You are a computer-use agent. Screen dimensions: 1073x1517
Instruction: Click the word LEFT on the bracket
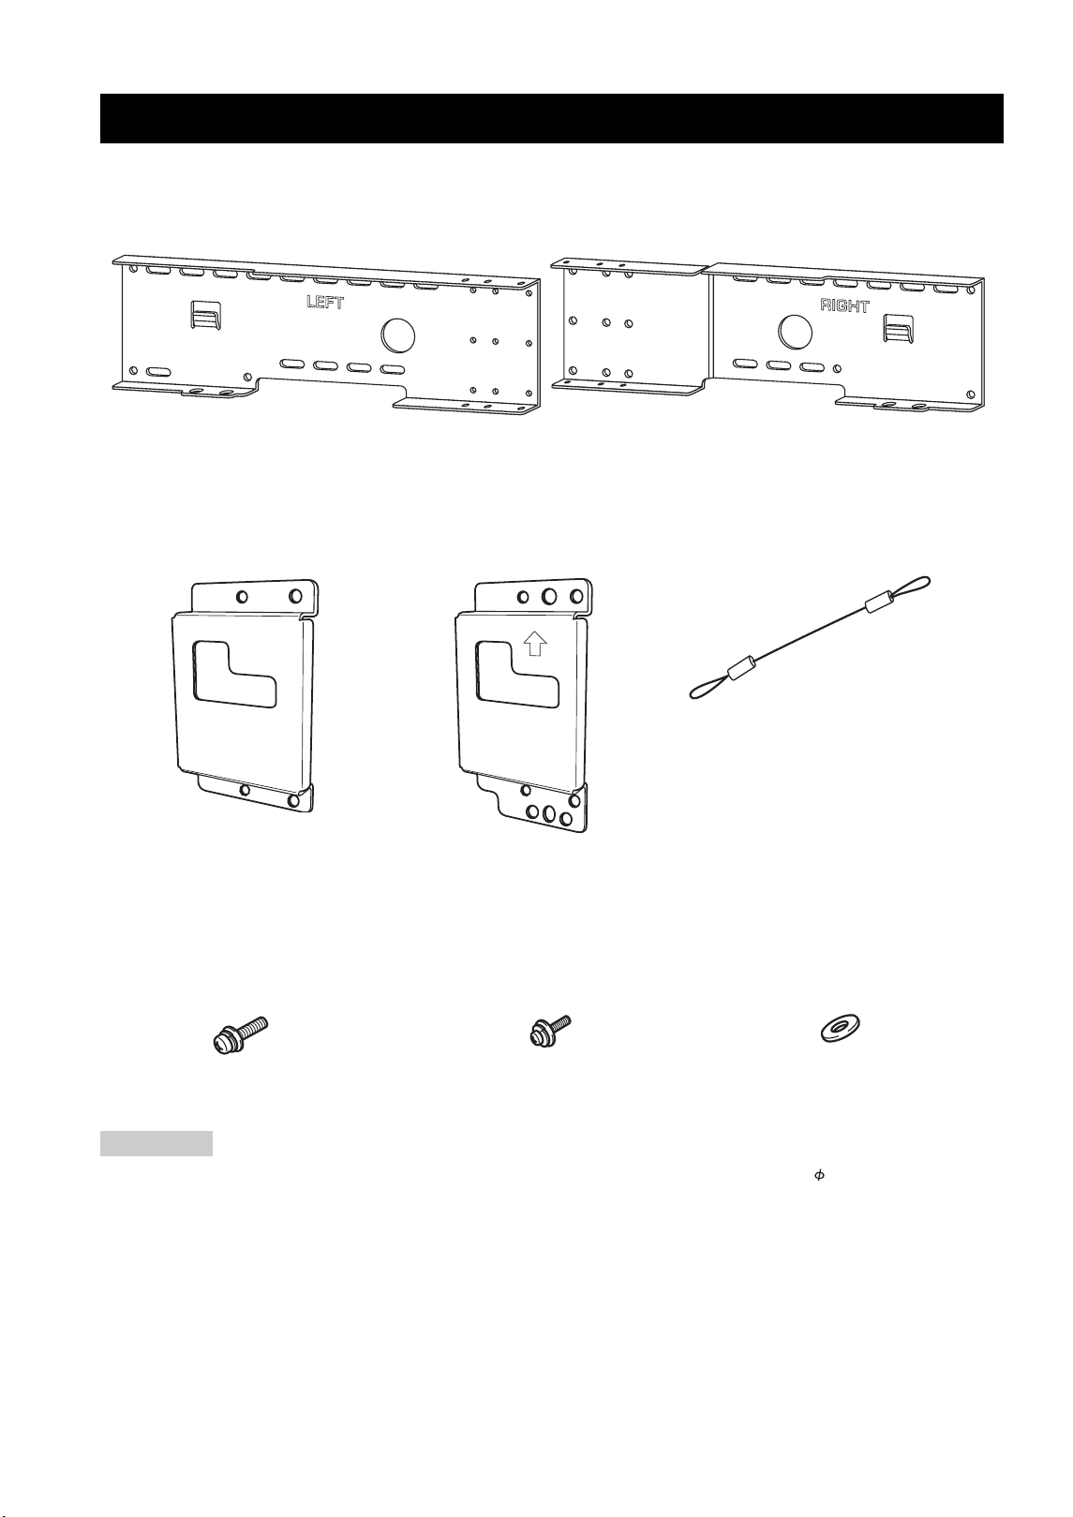click(x=325, y=302)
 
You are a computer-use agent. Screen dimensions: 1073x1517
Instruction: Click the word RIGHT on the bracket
click(x=844, y=305)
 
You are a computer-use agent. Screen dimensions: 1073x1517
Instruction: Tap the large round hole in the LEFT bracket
click(x=397, y=335)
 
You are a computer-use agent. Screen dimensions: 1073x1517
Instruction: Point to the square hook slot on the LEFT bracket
click(x=205, y=314)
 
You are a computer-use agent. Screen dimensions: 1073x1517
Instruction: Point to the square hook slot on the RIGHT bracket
click(x=899, y=328)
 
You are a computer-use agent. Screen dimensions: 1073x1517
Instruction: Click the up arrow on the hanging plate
click(x=535, y=643)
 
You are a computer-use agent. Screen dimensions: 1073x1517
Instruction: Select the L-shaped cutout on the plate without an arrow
click(x=234, y=674)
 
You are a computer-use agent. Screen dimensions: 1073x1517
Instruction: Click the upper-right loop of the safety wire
click(x=908, y=587)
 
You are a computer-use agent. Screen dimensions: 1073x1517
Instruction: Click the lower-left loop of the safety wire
click(x=708, y=690)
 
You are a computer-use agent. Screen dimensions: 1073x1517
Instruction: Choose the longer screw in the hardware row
click(x=240, y=1034)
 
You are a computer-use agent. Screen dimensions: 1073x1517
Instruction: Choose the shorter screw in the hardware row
click(x=550, y=1031)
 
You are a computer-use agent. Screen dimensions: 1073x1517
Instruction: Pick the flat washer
click(x=840, y=1029)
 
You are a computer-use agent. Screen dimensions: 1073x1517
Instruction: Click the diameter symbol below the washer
click(x=819, y=1176)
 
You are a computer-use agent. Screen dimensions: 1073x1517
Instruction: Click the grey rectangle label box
click(x=156, y=1143)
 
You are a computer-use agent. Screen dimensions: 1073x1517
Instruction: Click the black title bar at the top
click(x=551, y=118)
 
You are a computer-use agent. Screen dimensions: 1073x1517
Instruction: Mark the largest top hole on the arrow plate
click(x=549, y=596)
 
